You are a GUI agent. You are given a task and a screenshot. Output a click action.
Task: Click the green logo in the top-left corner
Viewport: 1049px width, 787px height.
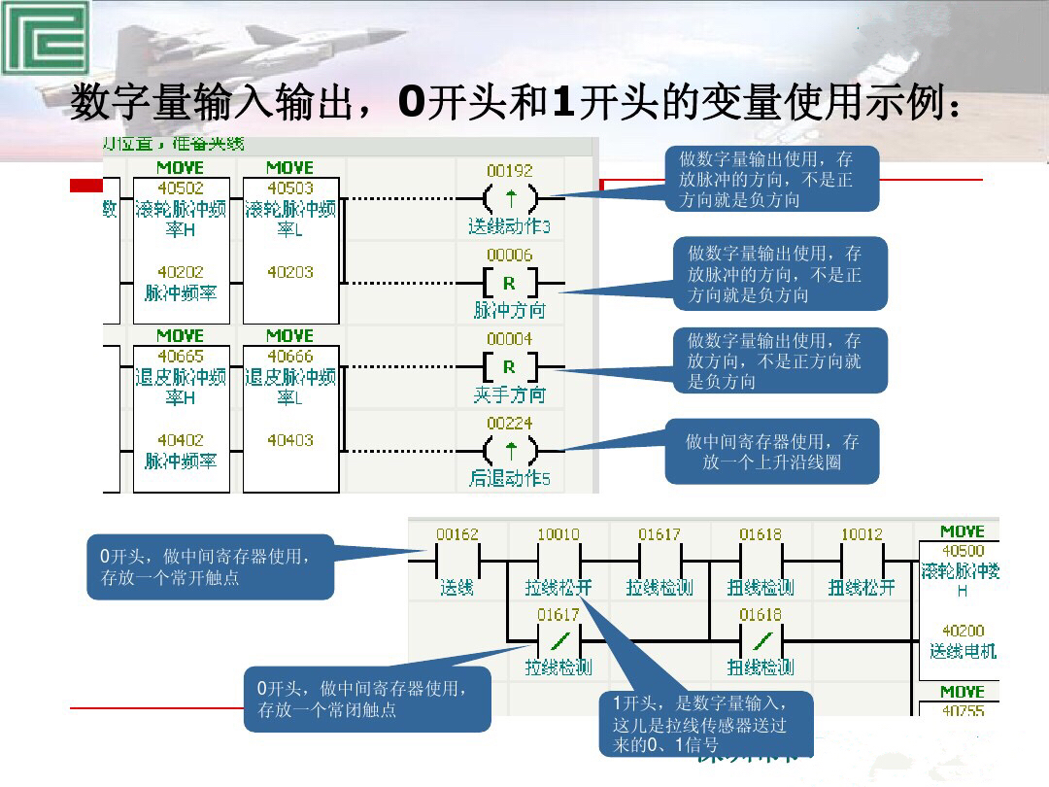point(44,38)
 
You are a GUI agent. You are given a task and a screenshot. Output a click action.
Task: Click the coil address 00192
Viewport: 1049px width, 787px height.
point(510,170)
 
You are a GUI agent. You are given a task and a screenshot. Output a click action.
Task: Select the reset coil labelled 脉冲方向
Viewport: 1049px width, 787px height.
point(509,283)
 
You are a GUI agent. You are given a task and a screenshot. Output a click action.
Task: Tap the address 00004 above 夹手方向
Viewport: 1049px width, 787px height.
point(510,339)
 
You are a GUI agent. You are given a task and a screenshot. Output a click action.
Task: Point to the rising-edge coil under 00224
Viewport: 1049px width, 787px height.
point(510,451)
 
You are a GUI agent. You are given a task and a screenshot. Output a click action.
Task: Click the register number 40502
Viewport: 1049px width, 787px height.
point(181,188)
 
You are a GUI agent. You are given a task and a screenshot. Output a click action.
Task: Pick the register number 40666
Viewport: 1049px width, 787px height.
point(289,357)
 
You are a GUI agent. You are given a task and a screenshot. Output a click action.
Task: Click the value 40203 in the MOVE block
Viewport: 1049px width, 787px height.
point(289,273)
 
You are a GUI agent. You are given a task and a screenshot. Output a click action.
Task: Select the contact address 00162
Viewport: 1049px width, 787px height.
point(457,534)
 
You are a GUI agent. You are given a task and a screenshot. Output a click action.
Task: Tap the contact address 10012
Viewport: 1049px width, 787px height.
point(862,534)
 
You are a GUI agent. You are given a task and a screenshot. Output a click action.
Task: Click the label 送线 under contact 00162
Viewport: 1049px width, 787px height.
point(457,588)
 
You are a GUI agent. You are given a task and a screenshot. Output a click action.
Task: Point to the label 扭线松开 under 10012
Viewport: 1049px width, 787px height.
point(862,588)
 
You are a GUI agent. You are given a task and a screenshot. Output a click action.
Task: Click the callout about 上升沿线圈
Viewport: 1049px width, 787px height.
point(771,452)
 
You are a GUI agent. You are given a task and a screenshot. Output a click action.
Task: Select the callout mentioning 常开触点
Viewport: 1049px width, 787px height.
point(210,566)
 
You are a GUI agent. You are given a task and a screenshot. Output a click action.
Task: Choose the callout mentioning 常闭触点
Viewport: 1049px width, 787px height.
point(367,699)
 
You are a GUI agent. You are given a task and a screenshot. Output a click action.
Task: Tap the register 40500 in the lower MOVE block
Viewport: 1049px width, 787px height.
point(963,551)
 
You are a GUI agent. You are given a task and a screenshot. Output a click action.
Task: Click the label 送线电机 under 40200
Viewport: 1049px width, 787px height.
point(963,651)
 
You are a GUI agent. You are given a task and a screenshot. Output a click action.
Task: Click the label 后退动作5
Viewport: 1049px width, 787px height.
point(510,479)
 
